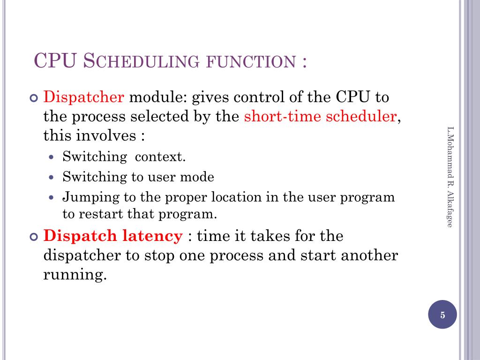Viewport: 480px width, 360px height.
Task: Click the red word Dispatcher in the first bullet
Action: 84,98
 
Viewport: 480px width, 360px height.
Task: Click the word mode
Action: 199,177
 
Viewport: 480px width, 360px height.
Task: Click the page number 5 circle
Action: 442,315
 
